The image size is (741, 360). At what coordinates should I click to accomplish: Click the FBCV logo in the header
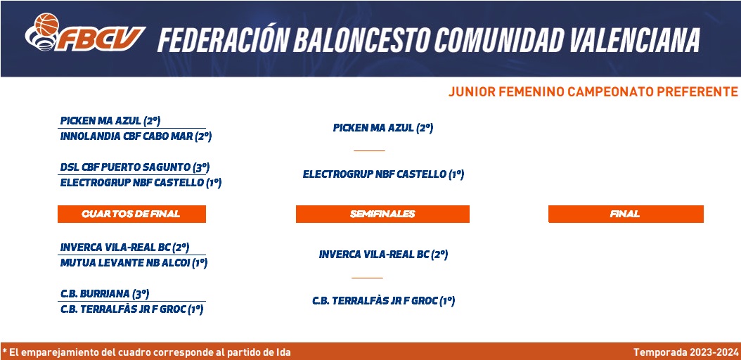click(x=85, y=32)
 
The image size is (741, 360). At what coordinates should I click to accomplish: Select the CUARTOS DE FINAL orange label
click(x=131, y=214)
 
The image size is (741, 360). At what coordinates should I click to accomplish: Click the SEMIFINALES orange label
click(x=382, y=214)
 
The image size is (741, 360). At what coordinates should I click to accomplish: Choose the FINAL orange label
click(x=626, y=214)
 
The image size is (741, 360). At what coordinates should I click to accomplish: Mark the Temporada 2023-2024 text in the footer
click(x=685, y=352)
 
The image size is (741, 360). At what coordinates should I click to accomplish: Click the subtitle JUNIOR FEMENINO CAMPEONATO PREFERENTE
click(x=593, y=91)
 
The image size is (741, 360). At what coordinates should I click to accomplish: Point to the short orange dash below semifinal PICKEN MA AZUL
click(x=370, y=150)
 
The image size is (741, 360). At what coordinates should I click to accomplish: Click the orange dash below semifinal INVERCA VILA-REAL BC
click(x=367, y=278)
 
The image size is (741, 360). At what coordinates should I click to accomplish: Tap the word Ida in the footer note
click(x=283, y=352)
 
